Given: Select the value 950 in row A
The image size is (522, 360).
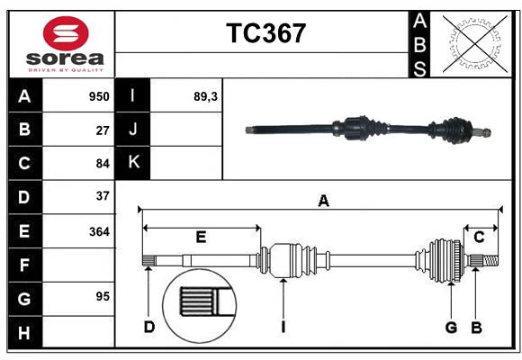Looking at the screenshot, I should (x=98, y=96).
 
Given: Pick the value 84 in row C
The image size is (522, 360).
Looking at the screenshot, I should (x=102, y=163).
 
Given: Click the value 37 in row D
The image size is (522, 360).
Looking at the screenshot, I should (x=102, y=195).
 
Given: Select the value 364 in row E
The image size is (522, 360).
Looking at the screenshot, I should (x=99, y=231).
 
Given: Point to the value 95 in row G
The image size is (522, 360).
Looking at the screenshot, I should (x=102, y=296).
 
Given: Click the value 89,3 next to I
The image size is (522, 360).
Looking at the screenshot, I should (x=205, y=96).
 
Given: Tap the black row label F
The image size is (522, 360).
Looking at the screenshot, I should (x=24, y=265).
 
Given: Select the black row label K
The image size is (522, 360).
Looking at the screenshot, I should (x=133, y=162).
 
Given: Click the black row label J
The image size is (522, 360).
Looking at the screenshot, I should (x=133, y=130).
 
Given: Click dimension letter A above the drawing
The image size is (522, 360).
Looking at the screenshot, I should (x=323, y=202).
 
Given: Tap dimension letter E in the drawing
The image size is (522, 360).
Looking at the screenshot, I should (x=201, y=238).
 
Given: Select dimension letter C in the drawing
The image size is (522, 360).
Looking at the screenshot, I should (x=479, y=237).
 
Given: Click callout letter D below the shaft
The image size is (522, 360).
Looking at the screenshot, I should (x=149, y=327).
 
